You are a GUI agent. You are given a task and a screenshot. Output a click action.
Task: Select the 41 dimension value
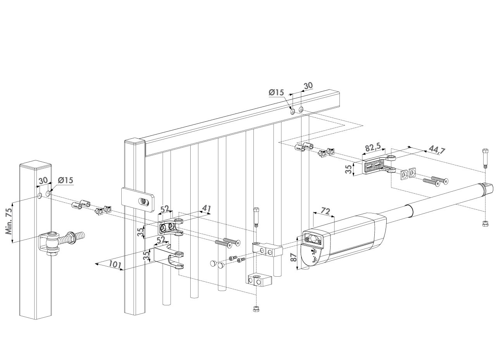pos(206,210)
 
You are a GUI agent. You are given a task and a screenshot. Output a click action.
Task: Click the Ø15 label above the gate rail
pos(276,93)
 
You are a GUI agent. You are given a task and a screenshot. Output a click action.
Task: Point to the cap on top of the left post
pos(36,166)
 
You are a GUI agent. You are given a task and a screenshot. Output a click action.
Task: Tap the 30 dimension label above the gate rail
pos(308,86)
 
